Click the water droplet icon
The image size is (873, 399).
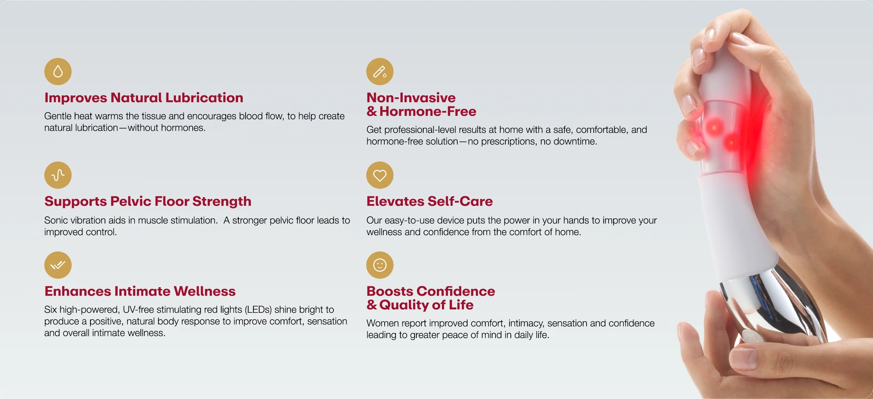[x=58, y=72]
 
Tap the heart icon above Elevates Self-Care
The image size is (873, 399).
[x=380, y=175]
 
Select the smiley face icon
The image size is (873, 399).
[x=380, y=265]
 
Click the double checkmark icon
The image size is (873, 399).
[x=58, y=265]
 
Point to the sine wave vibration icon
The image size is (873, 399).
[x=58, y=175]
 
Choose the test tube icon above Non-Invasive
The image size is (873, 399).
[x=380, y=72]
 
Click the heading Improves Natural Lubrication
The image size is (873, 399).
[x=144, y=98]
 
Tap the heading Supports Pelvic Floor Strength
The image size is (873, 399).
[x=148, y=201]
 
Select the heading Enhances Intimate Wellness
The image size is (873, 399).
[x=140, y=291]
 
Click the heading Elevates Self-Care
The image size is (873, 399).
[x=430, y=201]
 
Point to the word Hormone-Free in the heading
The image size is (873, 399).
[x=428, y=111]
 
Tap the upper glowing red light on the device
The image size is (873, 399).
[x=714, y=128]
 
